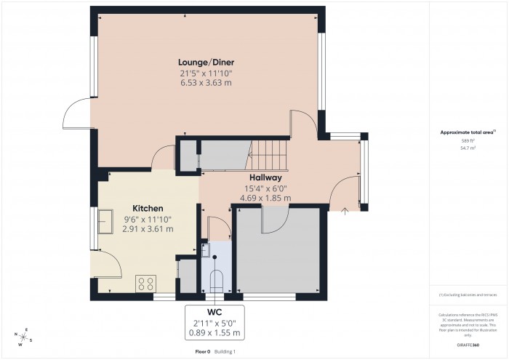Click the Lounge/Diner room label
tap(207, 62)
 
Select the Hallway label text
tap(265, 177)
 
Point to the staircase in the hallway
tap(270, 152)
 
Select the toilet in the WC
tap(215, 280)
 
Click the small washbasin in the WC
tap(206, 250)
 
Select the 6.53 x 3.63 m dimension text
tap(207, 83)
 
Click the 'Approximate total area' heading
tap(468, 132)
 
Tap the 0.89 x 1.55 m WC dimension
tap(215, 333)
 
